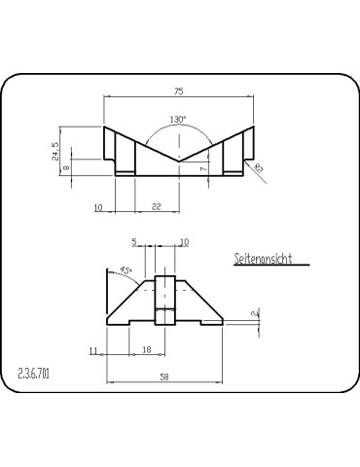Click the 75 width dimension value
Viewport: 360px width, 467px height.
tap(179, 90)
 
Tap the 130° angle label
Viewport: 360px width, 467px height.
tap(177, 119)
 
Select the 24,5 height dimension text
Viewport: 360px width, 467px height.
tap(55, 151)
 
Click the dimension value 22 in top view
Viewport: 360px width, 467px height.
tap(157, 207)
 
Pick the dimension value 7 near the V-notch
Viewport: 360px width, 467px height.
tap(202, 168)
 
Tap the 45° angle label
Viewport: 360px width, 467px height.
tap(126, 270)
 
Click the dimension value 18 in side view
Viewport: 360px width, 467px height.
tap(147, 349)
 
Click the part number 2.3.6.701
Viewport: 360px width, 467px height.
tap(34, 373)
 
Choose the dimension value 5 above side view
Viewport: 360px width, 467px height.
tap(134, 241)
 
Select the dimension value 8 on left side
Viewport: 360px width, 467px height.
tap(66, 167)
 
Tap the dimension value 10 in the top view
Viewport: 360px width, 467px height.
tap(99, 207)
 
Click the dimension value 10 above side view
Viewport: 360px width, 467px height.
tap(185, 241)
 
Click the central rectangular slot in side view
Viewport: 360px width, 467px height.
tap(163, 301)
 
